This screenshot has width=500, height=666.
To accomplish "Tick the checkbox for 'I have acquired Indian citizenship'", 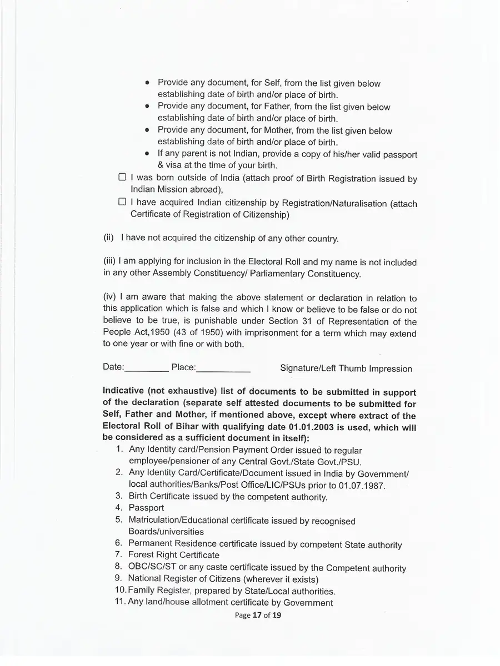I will coord(122,202).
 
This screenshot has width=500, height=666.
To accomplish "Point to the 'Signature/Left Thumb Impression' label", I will coord(346,369).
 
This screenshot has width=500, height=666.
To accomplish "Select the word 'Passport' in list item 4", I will coord(146,508).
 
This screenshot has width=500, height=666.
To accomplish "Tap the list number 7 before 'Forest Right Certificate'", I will coord(119,554).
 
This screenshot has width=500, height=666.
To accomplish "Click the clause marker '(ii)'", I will coord(108,238).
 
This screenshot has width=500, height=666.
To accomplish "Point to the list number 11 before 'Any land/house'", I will coord(120,602).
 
